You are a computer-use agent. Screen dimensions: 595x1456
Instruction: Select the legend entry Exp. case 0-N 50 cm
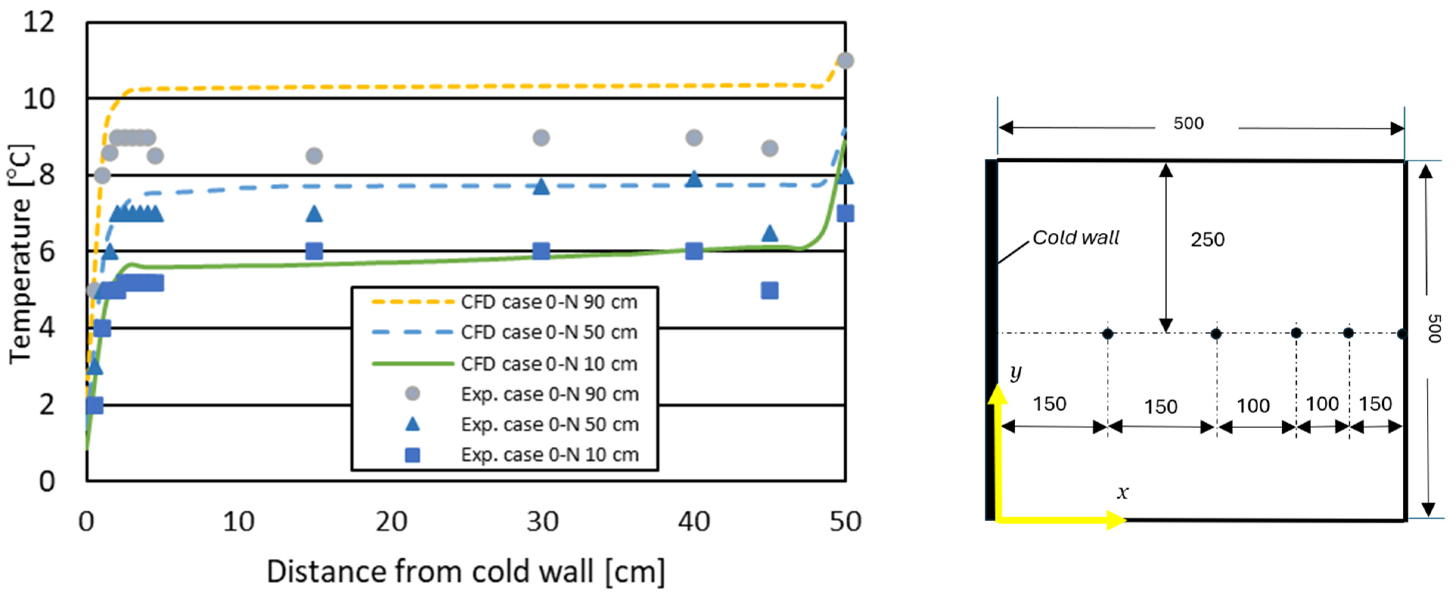click(x=549, y=425)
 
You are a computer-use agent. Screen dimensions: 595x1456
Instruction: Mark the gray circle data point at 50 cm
click(x=845, y=60)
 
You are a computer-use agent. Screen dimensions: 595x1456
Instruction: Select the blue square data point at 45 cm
click(x=769, y=290)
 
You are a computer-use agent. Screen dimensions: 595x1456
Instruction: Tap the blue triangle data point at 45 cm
click(x=769, y=233)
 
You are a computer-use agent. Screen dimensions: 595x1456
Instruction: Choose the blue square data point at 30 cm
click(x=541, y=251)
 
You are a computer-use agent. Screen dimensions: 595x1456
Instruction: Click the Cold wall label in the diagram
click(x=1075, y=238)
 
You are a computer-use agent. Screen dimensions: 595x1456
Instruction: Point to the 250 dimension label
click(x=1207, y=240)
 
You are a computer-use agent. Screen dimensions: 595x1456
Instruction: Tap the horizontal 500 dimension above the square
click(x=1188, y=123)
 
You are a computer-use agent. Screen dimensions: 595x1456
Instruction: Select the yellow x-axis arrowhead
click(x=1116, y=519)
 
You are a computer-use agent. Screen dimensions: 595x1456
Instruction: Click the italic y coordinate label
click(x=1016, y=372)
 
